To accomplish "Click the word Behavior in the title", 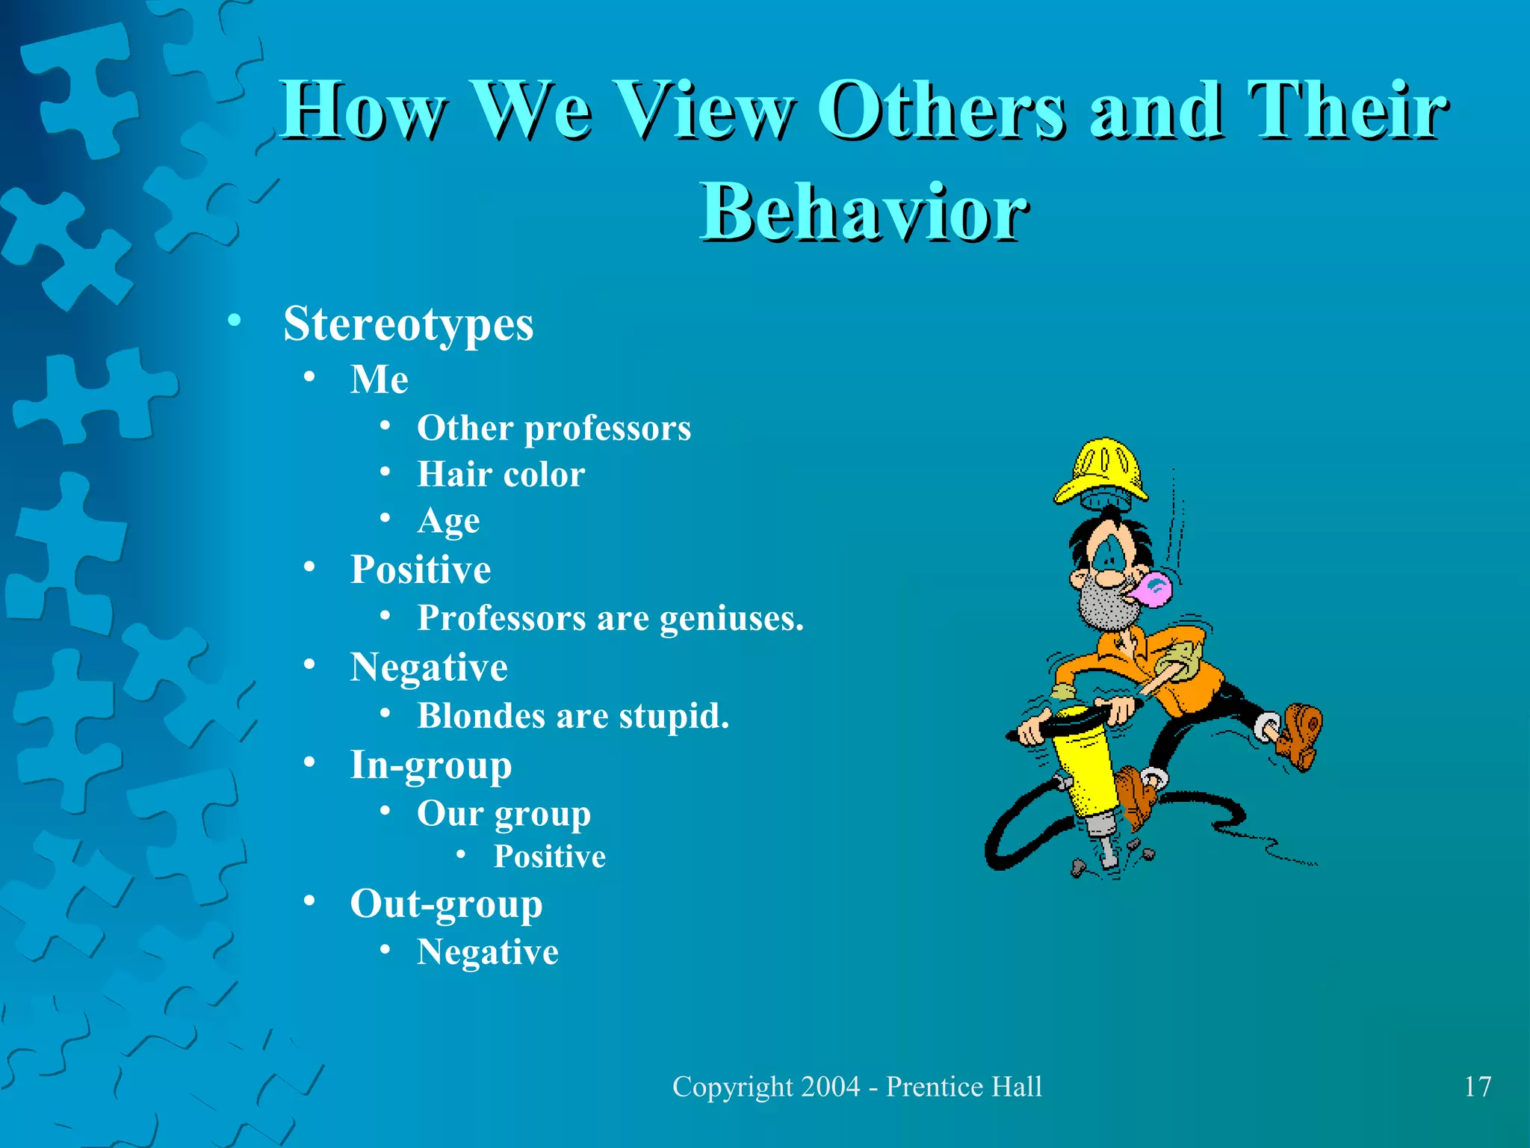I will click(864, 213).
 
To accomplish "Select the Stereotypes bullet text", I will click(408, 324).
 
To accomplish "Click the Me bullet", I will click(380, 379).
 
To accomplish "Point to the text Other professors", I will click(554, 428).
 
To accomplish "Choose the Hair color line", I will click(501, 475).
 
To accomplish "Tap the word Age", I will click(448, 521).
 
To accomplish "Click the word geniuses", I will click(731, 618).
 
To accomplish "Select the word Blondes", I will click(481, 716).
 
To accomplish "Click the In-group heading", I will click(431, 765).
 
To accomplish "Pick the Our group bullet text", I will click(504, 813).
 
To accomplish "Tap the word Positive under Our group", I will click(549, 857).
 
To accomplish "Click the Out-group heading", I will click(446, 904).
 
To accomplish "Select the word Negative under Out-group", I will click(487, 952).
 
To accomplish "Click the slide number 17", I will click(1477, 1087).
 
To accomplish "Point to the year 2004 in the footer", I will click(829, 1087).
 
